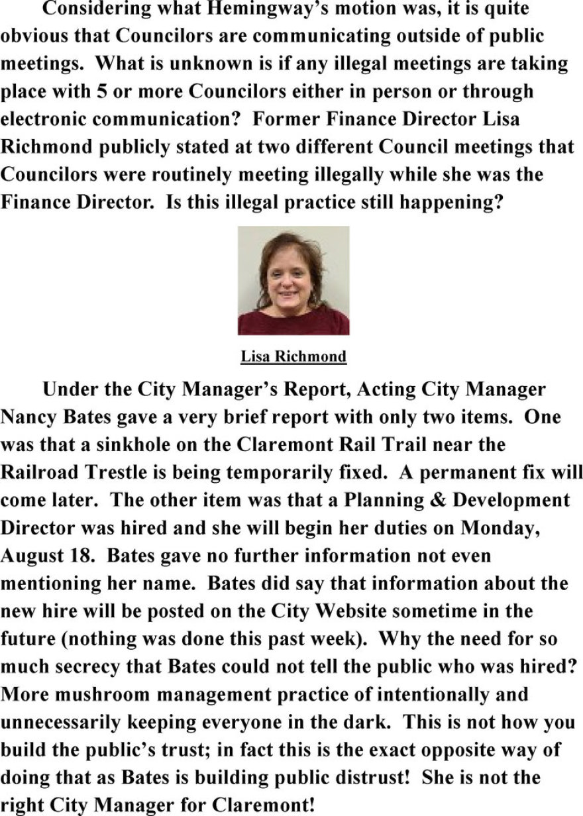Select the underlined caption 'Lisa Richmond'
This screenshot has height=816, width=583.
(x=293, y=357)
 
